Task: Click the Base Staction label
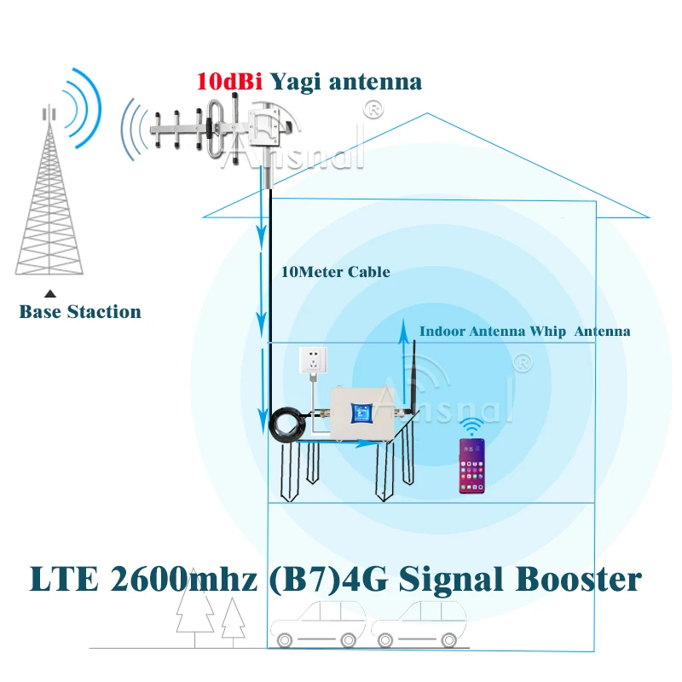pyautogui.click(x=80, y=312)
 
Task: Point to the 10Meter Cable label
pyautogui.click(x=335, y=273)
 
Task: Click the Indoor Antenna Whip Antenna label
pyautogui.click(x=524, y=332)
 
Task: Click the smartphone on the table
pyautogui.click(x=471, y=467)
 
